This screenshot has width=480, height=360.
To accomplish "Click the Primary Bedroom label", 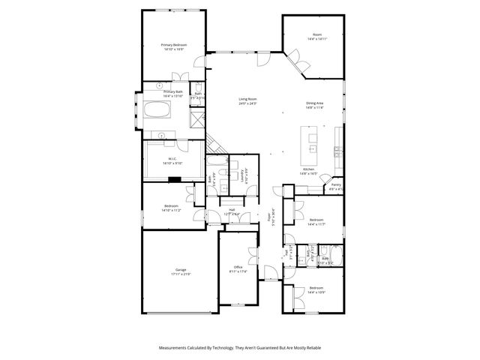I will click(174, 44).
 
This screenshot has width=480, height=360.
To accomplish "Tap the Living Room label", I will click(248, 99).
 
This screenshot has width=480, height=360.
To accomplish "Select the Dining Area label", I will click(315, 103).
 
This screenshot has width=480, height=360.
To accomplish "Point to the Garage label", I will click(181, 270).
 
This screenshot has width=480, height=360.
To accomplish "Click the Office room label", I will click(238, 267).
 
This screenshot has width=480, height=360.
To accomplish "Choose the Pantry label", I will click(335, 184).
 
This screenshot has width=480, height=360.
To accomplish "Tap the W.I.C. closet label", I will click(172, 158).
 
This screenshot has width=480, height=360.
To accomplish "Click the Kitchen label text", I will click(308, 169).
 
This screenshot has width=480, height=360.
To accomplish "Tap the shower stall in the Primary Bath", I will click(196, 117).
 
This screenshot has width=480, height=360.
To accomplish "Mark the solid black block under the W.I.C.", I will click(174, 179).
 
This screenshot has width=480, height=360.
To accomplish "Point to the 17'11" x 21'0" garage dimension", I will click(181, 274).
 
